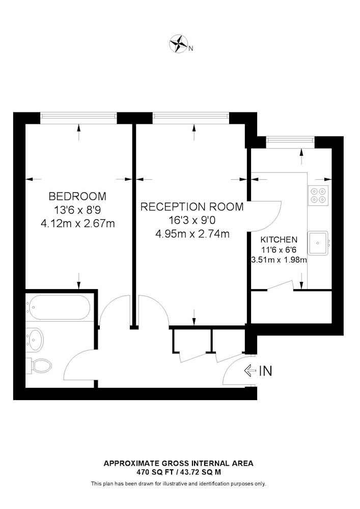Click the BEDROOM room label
click(77, 196)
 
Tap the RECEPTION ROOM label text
click(192, 207)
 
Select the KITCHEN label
click(279, 240)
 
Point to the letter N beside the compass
click(191, 49)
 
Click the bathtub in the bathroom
click(58, 307)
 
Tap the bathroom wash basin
click(35, 339)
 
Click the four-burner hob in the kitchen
click(318, 195)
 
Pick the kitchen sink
click(318, 242)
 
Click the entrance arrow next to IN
click(250, 371)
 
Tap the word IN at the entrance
click(265, 371)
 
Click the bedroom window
click(78, 116)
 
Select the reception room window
click(191, 116)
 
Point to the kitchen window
click(290, 140)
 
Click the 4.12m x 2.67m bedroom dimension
click(77, 223)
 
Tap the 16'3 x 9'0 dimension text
click(192, 220)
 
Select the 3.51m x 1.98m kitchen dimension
click(279, 260)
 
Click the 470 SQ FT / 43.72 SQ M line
click(179, 472)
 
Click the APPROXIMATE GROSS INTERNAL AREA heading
click(179, 463)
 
